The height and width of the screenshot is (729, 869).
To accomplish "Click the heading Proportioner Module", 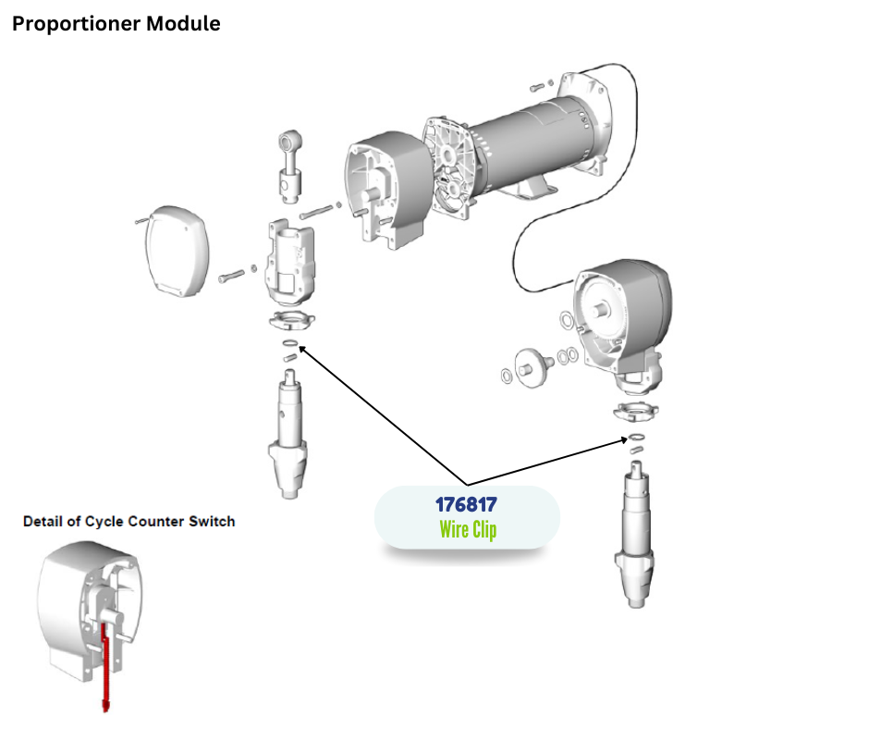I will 116,24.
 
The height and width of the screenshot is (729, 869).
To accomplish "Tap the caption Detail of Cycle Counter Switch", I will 129,522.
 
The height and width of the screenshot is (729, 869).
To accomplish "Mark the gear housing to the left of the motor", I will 384,195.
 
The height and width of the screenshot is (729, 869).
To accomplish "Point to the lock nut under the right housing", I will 635,411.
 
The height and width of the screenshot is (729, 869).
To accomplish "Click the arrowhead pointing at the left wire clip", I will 299,348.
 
